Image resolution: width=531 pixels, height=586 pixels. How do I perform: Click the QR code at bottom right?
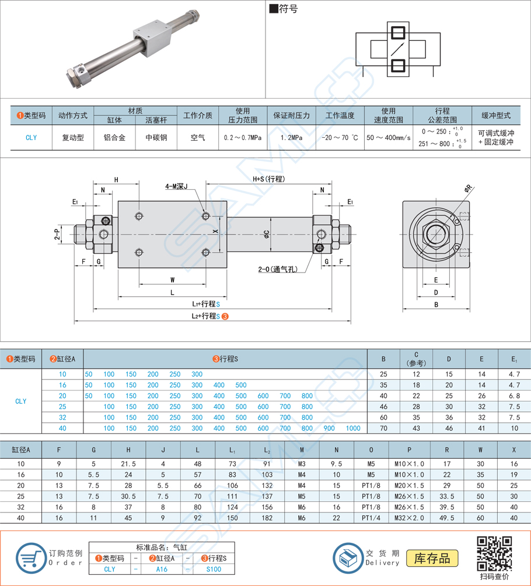(x=494, y=553)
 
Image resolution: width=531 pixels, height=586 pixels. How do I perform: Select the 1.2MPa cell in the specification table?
(x=287, y=138)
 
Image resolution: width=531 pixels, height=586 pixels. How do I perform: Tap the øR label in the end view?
(x=468, y=188)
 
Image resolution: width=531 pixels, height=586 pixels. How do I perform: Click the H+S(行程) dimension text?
(x=269, y=179)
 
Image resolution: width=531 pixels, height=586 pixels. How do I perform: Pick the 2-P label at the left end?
(x=57, y=233)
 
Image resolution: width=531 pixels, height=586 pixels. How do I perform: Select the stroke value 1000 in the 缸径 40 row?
(x=353, y=428)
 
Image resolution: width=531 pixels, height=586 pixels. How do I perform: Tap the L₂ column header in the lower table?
(x=267, y=450)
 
